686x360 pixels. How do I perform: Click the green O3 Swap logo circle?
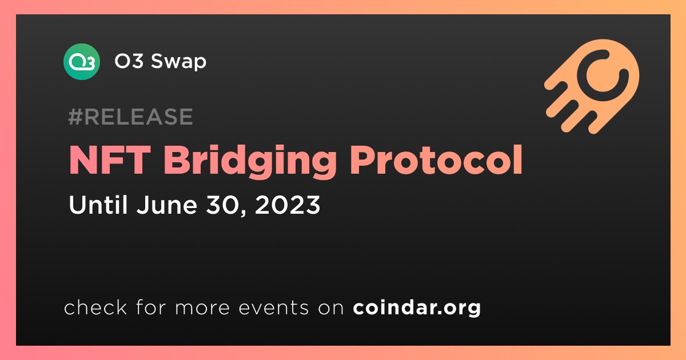[x=81, y=62]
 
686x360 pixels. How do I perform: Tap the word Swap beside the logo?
[x=178, y=62]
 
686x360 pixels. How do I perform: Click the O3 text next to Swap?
[x=129, y=61]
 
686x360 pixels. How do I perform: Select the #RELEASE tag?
[x=130, y=117]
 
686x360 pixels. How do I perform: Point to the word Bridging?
[x=250, y=162]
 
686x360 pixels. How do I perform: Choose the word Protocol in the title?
[x=436, y=160]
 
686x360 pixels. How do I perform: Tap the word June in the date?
[x=167, y=205]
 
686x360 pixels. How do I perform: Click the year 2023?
[x=287, y=205]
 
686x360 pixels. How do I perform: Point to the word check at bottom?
[x=95, y=307]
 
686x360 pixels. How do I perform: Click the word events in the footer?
[x=274, y=307]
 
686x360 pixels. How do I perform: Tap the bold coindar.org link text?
[x=417, y=308]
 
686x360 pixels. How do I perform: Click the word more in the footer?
[x=202, y=308]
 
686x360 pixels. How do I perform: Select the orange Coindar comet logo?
[x=592, y=86]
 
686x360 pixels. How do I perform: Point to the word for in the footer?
[x=151, y=307]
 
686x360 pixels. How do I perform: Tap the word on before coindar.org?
[x=331, y=308]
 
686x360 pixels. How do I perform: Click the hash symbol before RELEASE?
[x=75, y=117]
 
